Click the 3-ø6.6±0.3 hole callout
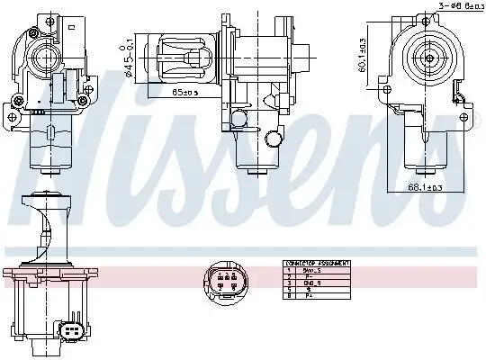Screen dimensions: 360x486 click(x=456, y=6)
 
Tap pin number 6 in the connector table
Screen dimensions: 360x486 click(x=288, y=294)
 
